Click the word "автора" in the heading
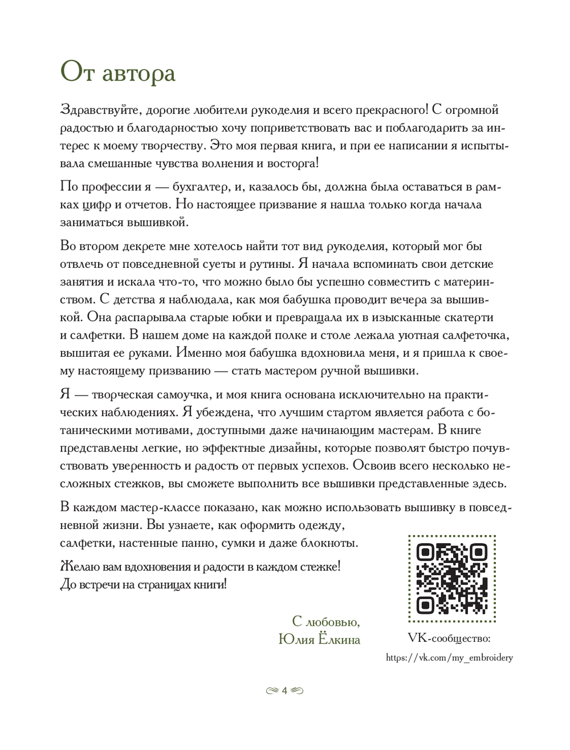(x=137, y=74)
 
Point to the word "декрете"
(x=142, y=246)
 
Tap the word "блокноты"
(x=331, y=543)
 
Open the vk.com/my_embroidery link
(x=449, y=658)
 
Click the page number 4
(x=284, y=691)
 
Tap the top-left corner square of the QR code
(x=425, y=552)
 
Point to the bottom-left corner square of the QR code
(x=425, y=605)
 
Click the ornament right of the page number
(x=297, y=691)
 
